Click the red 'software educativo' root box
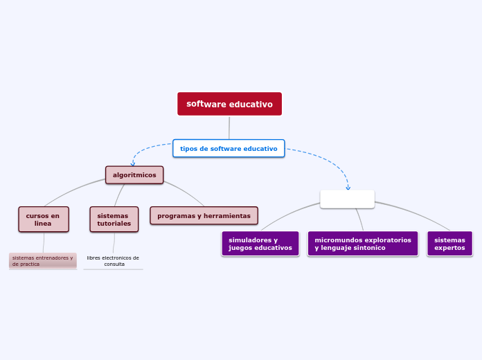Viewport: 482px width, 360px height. (229, 104)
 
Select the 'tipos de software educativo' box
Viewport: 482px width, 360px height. (229, 148)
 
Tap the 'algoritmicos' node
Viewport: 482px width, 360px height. (134, 175)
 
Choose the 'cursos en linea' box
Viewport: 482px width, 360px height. (43, 219)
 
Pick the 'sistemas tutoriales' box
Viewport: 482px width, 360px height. (114, 219)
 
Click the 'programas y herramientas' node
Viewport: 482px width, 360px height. (204, 216)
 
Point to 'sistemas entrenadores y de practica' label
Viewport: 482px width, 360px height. (42, 260)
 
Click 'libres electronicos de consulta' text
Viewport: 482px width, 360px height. (113, 260)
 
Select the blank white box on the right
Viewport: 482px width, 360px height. (347, 199)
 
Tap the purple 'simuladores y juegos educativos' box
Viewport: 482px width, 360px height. (260, 244)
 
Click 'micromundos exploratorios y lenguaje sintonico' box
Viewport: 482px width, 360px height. (363, 244)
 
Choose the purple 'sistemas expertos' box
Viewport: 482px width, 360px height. (449, 244)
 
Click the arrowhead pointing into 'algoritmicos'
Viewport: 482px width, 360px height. (133, 164)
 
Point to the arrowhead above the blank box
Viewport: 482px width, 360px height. (348, 187)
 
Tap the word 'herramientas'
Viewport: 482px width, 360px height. (227, 216)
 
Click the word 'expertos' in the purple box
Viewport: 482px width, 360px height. (449, 248)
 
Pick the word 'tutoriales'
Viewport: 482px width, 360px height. (114, 224)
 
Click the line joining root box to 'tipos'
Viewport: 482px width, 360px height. (229, 127)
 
